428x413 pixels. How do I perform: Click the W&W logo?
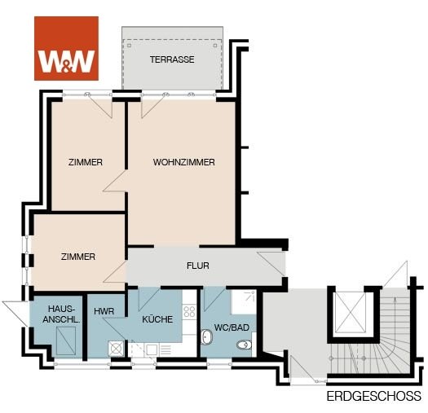pyautogui.click(x=66, y=48)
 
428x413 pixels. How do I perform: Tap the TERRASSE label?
pyautogui.click(x=172, y=59)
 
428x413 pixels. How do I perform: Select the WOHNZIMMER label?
pyautogui.click(x=183, y=162)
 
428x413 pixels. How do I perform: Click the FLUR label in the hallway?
pyautogui.click(x=198, y=266)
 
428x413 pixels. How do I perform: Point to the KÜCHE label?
pyautogui.click(x=157, y=319)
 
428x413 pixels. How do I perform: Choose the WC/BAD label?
pyautogui.click(x=232, y=327)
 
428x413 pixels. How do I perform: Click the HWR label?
pyautogui.click(x=104, y=311)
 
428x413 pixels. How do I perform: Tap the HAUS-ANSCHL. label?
pyautogui.click(x=61, y=314)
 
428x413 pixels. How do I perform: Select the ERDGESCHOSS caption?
pyautogui.click(x=373, y=396)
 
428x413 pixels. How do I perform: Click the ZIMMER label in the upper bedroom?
pyautogui.click(x=86, y=162)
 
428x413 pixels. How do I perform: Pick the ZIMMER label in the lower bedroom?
pyautogui.click(x=78, y=257)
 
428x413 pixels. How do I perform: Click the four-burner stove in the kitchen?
pyautogui.click(x=189, y=311)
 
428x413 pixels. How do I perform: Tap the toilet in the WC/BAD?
pyautogui.click(x=244, y=345)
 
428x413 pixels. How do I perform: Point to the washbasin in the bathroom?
pyautogui.click(x=206, y=336)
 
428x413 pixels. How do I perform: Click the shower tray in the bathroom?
pyautogui.click(x=243, y=302)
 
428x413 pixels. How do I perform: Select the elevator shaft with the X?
pyautogui.click(x=351, y=313)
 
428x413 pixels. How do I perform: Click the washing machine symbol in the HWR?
pyautogui.click(x=116, y=349)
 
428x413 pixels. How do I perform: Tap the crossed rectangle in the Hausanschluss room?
pyautogui.click(x=66, y=341)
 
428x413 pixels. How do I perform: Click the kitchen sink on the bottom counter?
pyautogui.click(x=152, y=349)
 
